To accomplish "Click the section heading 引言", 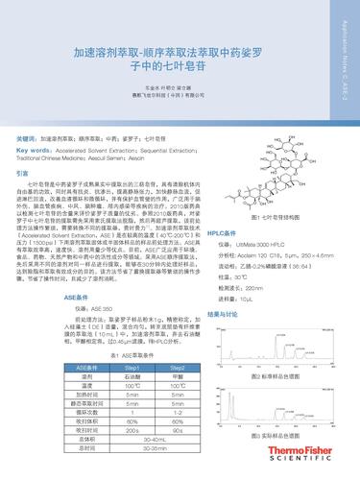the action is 24,174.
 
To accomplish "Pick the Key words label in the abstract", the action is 37,150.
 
